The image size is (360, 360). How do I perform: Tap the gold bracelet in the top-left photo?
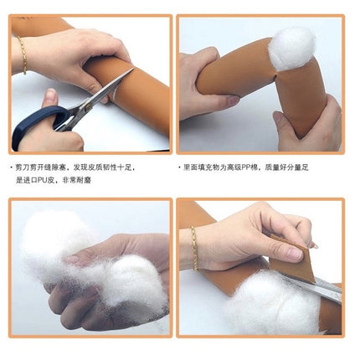(x=23, y=55)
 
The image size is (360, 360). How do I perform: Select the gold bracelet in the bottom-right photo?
(x=194, y=249)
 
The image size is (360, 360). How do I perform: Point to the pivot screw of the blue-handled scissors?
(x=89, y=105)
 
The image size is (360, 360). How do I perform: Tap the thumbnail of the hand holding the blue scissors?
(x=50, y=95)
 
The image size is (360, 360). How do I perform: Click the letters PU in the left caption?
(x=42, y=180)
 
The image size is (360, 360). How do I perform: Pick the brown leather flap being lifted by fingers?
(x=291, y=258)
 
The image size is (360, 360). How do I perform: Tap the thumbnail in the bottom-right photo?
(x=294, y=254)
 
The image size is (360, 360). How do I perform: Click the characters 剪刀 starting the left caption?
(x=22, y=167)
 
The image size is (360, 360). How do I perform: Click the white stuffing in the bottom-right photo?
(x=275, y=304)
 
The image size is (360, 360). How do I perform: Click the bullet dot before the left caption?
(x=12, y=167)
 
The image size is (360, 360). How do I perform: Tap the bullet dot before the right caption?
(x=179, y=167)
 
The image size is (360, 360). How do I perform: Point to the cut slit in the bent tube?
(x=275, y=76)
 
